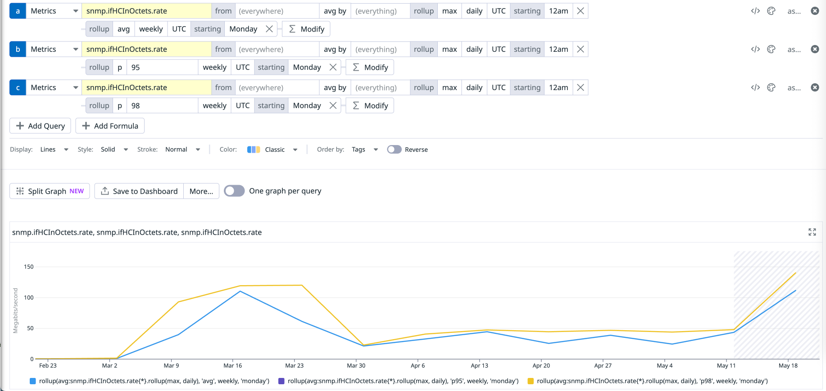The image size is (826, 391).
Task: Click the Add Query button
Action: click(x=41, y=126)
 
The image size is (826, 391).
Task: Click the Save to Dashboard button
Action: click(x=139, y=191)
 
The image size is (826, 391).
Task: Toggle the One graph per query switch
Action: click(x=234, y=191)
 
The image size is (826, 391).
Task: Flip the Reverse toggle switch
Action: click(x=394, y=150)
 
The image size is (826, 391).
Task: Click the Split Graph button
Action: click(x=50, y=191)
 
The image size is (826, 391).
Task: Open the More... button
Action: click(x=201, y=191)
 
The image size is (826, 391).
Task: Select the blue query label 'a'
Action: click(x=18, y=11)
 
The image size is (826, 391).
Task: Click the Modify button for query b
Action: click(x=370, y=68)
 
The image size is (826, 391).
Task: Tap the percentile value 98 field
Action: click(x=162, y=106)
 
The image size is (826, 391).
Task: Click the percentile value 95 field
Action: click(x=162, y=68)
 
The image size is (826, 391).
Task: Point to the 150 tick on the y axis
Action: click(x=29, y=267)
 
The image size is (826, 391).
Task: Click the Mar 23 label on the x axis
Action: click(x=294, y=366)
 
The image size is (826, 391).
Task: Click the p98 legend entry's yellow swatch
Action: click(x=531, y=381)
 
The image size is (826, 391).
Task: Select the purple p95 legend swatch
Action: click(x=281, y=381)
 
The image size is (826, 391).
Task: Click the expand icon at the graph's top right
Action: click(x=812, y=232)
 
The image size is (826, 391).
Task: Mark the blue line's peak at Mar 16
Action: click(x=240, y=291)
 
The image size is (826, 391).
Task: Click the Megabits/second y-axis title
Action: click(x=16, y=310)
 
